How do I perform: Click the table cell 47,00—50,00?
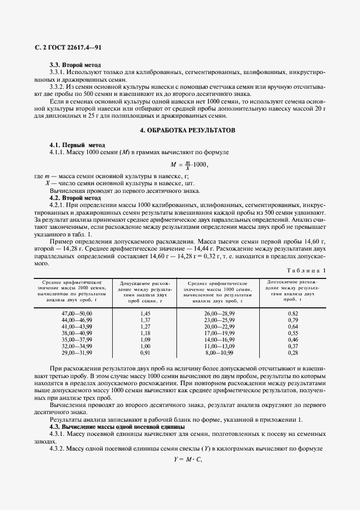(77, 314)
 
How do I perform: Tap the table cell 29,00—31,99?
(77, 353)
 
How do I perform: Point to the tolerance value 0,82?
(293, 314)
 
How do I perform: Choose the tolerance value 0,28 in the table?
(293, 353)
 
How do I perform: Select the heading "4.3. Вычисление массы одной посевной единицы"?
(117, 426)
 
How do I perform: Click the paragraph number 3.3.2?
(58, 86)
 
